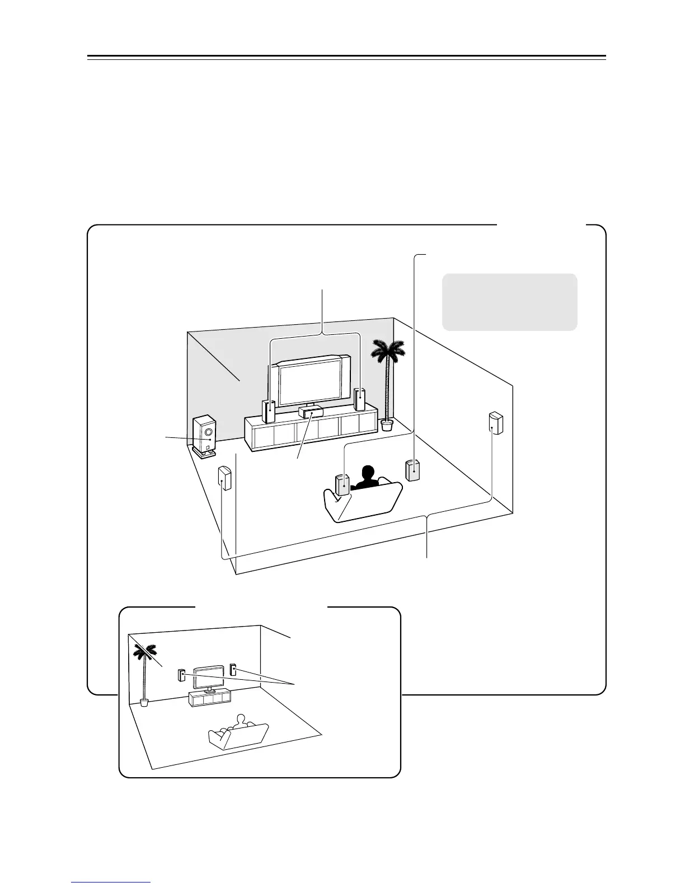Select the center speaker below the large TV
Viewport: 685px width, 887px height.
[x=311, y=413]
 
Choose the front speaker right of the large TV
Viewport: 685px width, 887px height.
[x=360, y=399]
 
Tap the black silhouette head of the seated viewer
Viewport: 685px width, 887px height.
[x=368, y=474]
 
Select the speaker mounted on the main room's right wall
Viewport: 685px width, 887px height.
[x=495, y=423]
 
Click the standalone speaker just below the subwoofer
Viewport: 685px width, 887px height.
[x=224, y=478]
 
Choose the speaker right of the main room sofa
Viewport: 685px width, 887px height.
[x=412, y=470]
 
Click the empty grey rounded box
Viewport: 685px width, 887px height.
[x=509, y=302]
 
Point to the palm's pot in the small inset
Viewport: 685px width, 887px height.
[x=145, y=702]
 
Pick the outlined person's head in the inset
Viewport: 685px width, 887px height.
[x=241, y=719]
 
